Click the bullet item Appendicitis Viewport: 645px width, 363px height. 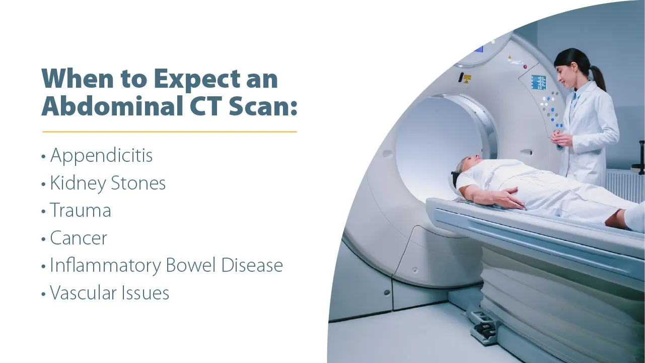click(x=101, y=156)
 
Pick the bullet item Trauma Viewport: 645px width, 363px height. click(x=81, y=211)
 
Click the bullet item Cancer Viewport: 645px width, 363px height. click(x=79, y=238)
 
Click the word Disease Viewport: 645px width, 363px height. click(x=253, y=266)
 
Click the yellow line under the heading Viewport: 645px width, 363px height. click(x=169, y=132)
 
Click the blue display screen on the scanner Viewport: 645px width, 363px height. click(x=538, y=82)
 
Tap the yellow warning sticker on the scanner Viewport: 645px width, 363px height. click(x=467, y=79)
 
